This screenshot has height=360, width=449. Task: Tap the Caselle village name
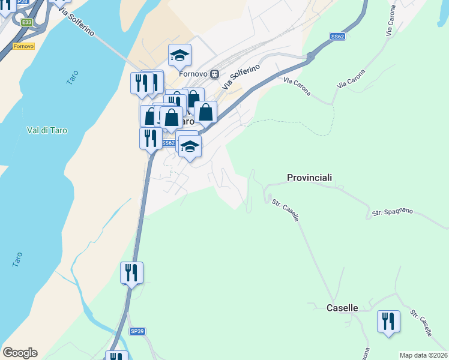pyautogui.click(x=342, y=308)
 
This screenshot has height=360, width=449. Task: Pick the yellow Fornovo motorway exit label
pyautogui.click(x=23, y=46)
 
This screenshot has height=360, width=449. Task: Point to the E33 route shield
pyautogui.click(x=26, y=22)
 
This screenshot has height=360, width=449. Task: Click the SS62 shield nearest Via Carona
pyautogui.click(x=337, y=37)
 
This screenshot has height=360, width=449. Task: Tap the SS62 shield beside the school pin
pyautogui.click(x=169, y=143)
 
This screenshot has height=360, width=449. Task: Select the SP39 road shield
pyautogui.click(x=137, y=331)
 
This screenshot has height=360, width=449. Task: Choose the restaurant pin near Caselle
pyautogui.click(x=388, y=320)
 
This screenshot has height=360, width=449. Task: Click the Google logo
pyautogui.click(x=20, y=353)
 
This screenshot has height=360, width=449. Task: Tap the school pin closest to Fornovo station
pyautogui.click(x=179, y=56)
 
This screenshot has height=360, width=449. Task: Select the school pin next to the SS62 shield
pyautogui.click(x=190, y=146)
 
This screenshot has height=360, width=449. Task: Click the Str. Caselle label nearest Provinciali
pyautogui.click(x=285, y=211)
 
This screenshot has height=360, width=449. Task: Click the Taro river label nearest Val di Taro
pyautogui.click(x=71, y=77)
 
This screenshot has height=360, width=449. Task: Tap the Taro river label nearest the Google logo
pyautogui.click(x=17, y=259)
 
